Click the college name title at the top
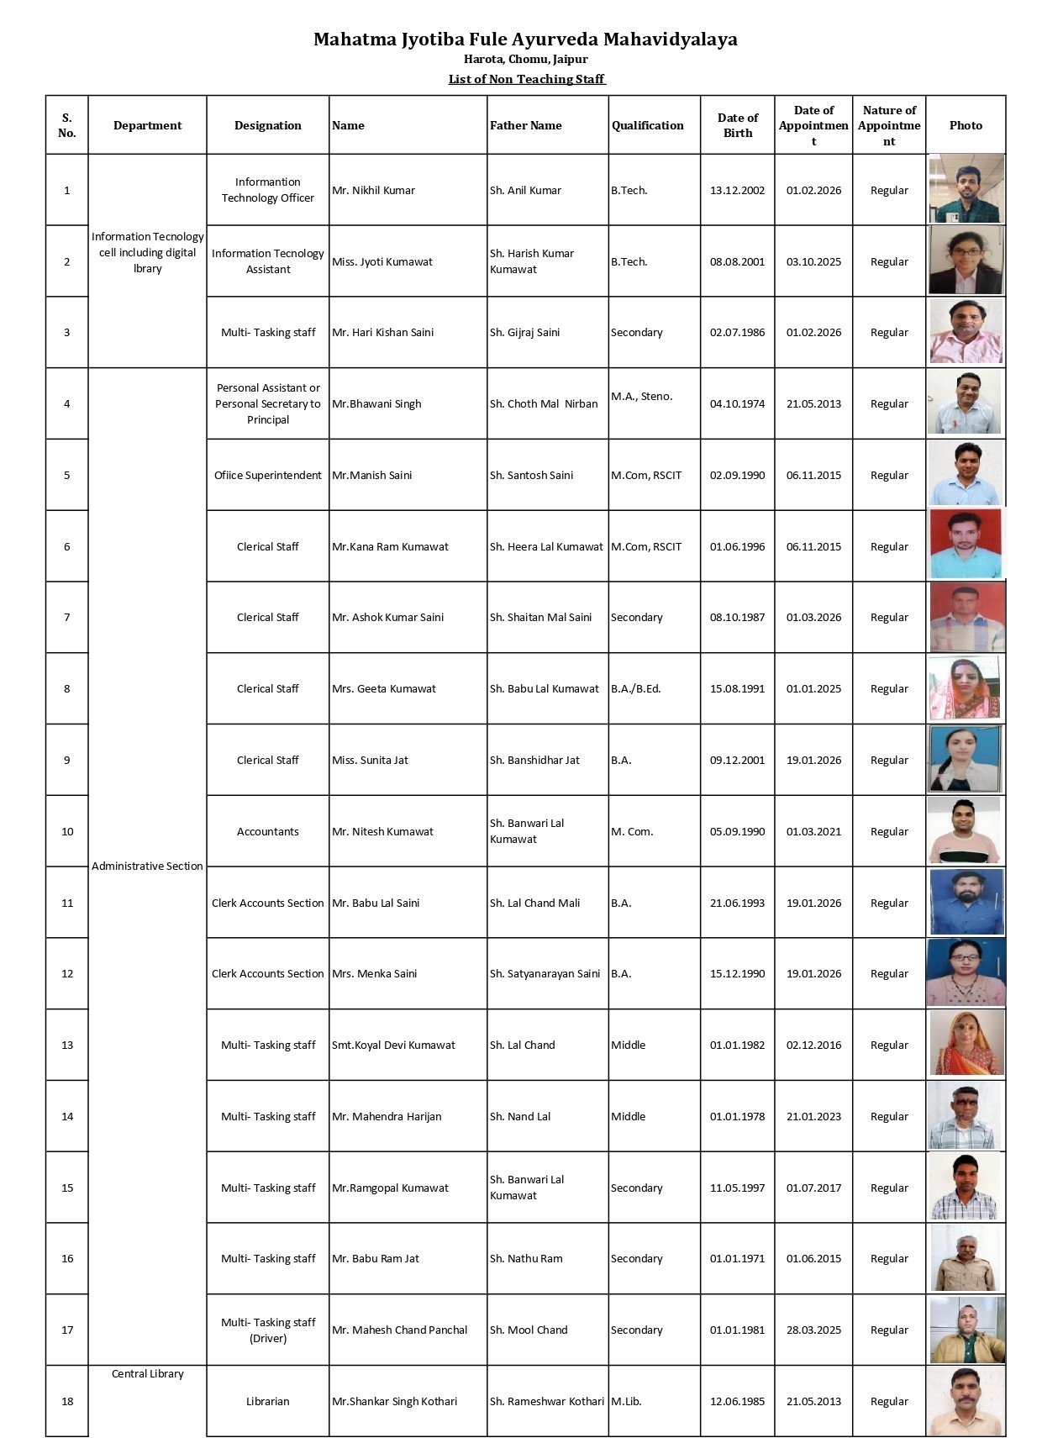click(525, 40)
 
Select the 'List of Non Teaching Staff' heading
click(526, 79)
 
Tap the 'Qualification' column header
click(647, 125)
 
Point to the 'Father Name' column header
click(525, 125)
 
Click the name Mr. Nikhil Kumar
click(373, 191)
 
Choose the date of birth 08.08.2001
click(737, 262)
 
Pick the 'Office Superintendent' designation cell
click(267, 476)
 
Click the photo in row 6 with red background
click(966, 545)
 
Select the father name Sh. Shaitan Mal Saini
click(540, 618)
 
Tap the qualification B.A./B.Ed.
click(635, 689)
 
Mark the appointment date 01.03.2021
click(813, 832)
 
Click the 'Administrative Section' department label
click(147, 866)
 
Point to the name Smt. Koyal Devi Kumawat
click(393, 1046)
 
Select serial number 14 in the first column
click(67, 1117)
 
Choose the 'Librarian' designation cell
click(267, 1402)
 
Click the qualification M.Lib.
click(626, 1402)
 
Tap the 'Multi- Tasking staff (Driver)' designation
click(267, 1330)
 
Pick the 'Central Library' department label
click(147, 1374)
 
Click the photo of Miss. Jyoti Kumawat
click(966, 261)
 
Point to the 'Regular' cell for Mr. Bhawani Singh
click(889, 404)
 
